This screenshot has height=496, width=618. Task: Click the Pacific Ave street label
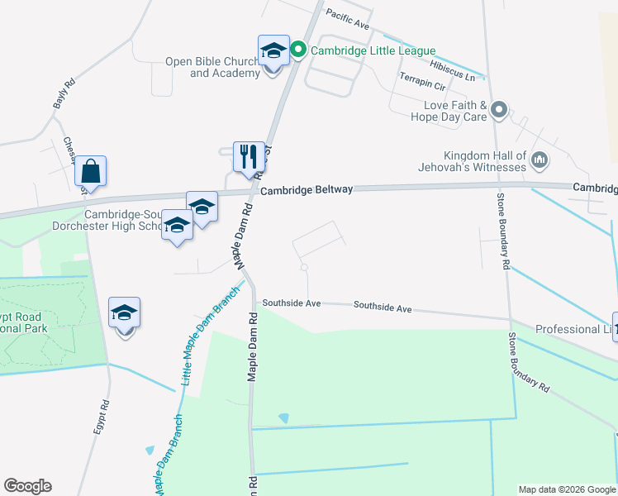347,18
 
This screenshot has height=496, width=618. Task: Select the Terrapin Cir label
422,80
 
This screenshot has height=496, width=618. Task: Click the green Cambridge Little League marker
299,50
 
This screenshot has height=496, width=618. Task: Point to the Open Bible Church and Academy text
212,67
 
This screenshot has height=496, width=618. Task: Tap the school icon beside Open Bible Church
273,51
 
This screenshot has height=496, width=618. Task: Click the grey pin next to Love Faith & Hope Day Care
498,110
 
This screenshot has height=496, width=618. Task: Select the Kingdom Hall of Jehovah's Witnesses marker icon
539,160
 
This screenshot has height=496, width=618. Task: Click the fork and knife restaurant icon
249,155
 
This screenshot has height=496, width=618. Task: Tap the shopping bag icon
90,172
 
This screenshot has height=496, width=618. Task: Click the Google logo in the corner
27,486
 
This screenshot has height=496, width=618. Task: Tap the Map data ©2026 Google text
567,489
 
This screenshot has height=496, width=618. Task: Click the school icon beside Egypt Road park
125,313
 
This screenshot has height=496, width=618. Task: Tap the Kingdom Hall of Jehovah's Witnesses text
484,161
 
